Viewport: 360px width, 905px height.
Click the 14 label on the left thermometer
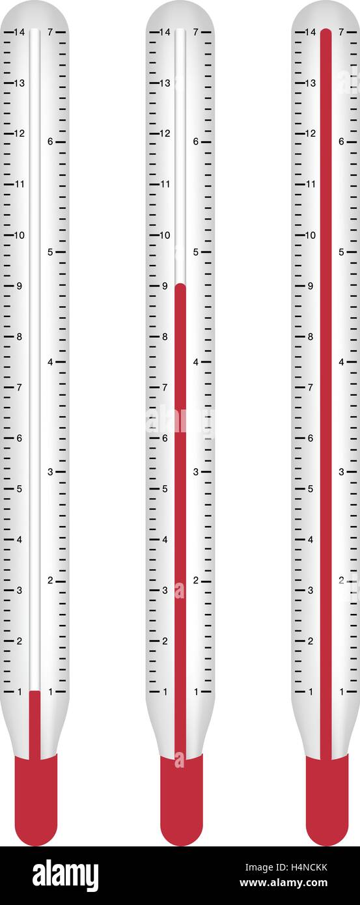tap(19, 32)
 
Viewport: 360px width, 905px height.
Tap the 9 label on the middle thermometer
tap(165, 286)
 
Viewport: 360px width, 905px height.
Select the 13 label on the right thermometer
tap(311, 83)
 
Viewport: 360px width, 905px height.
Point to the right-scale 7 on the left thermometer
tap(50, 32)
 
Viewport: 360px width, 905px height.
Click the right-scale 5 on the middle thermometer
tap(195, 252)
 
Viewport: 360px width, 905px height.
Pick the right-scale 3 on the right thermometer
tap(341, 472)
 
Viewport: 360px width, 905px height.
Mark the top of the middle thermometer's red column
tap(180, 284)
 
